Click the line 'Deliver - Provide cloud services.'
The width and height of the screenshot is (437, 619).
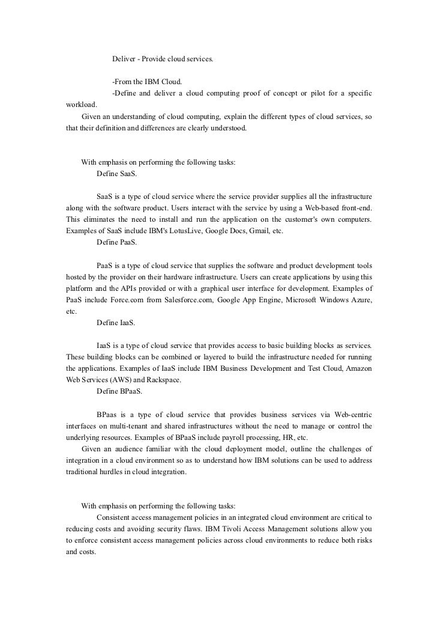point(162,60)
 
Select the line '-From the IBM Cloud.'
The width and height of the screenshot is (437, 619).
point(146,82)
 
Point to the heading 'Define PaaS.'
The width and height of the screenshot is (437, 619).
point(116,243)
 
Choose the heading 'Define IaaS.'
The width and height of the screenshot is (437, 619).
point(116,323)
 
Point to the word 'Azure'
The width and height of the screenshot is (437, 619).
point(360,300)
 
